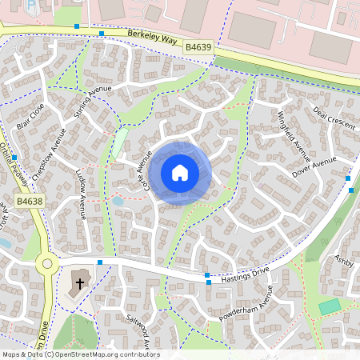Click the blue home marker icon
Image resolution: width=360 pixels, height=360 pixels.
point(180,173)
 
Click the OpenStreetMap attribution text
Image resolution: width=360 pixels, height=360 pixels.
point(80,354)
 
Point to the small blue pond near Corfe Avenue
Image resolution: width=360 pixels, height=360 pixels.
point(118,202)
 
